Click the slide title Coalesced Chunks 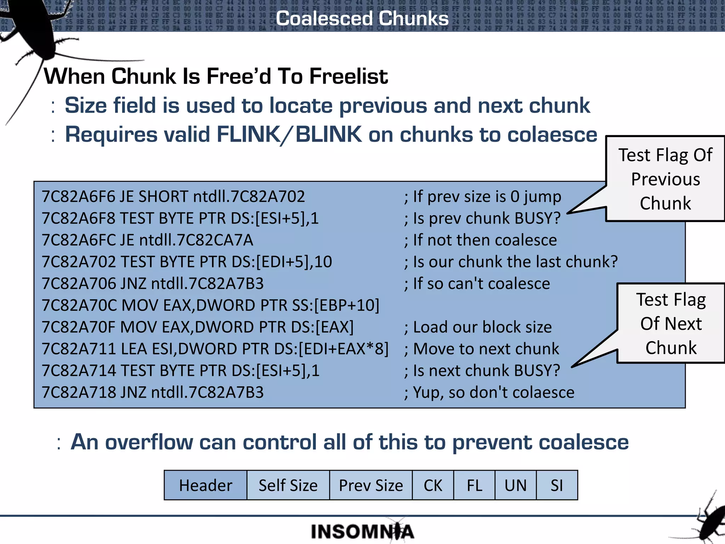[362, 18]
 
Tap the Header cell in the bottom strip [205, 485]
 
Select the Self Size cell [288, 485]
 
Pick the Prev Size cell [371, 485]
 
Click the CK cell [433, 485]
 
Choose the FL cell [474, 485]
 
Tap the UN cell [515, 485]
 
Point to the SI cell [557, 485]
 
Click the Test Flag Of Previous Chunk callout [665, 179]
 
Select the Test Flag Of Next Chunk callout [670, 323]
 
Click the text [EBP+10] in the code [347, 305]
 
